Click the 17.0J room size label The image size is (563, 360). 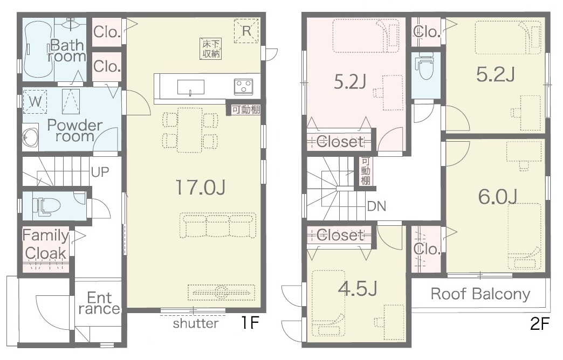point(200,188)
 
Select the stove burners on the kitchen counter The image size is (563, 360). point(243,87)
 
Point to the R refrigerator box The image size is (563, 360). point(246,31)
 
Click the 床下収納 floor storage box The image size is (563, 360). point(211,49)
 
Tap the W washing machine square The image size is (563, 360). point(35,101)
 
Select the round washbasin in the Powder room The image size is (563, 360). point(30,137)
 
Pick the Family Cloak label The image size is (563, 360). point(46,244)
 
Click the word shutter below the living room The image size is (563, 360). point(196,323)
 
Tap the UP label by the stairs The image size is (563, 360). point(100,172)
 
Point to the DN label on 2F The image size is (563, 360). point(376,206)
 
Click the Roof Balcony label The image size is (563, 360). point(480,294)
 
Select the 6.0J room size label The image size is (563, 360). point(497,197)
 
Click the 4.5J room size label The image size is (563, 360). point(358,288)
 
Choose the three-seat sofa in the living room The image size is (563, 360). point(217,225)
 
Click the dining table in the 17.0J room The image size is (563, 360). point(190,130)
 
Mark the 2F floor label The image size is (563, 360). point(540,324)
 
